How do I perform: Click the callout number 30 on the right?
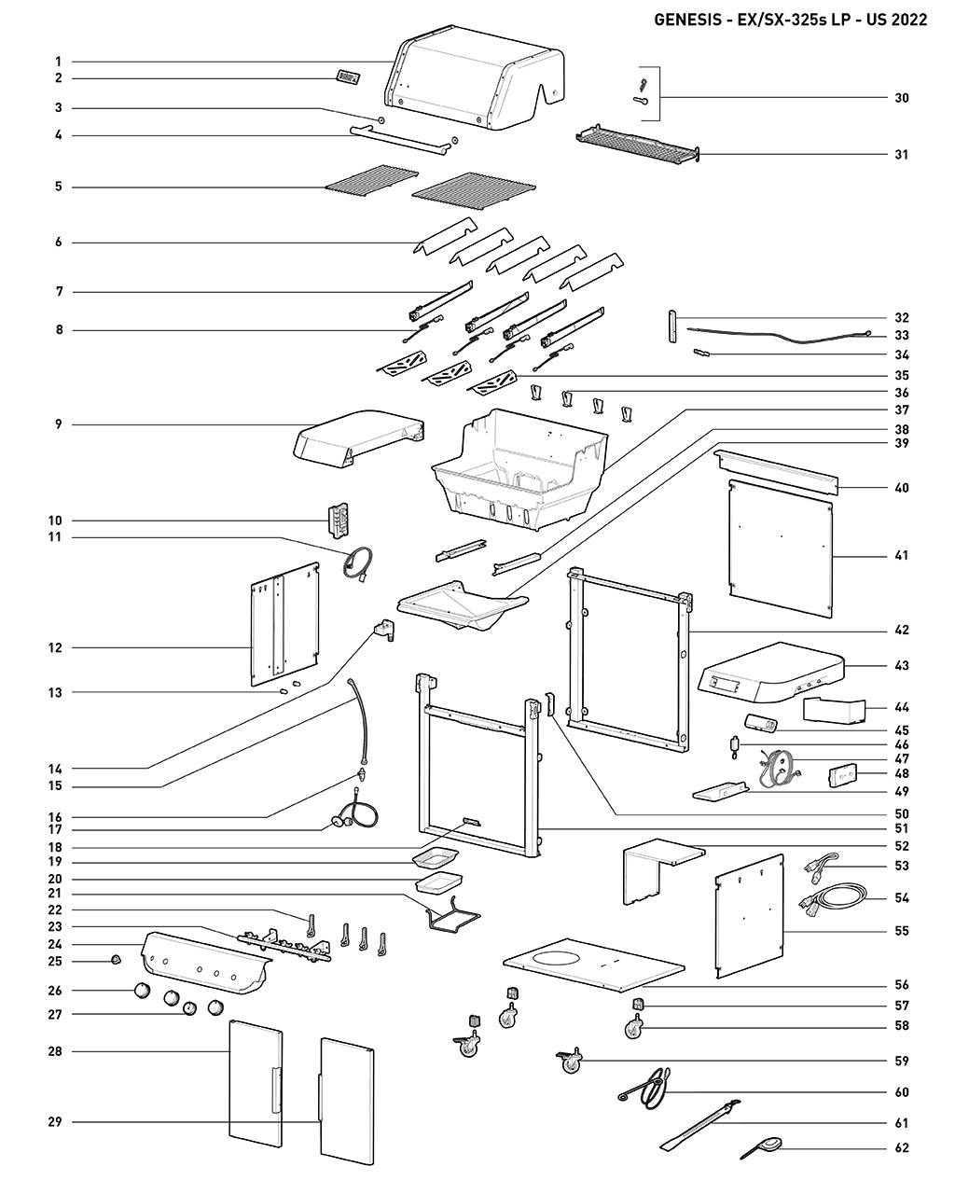click(901, 98)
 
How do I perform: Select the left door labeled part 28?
click(255, 1082)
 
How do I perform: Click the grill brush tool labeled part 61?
click(699, 1124)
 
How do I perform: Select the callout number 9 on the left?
click(58, 425)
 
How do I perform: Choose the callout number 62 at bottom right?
click(901, 1148)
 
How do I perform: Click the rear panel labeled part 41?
click(780, 550)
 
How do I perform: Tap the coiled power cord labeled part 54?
click(835, 897)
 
